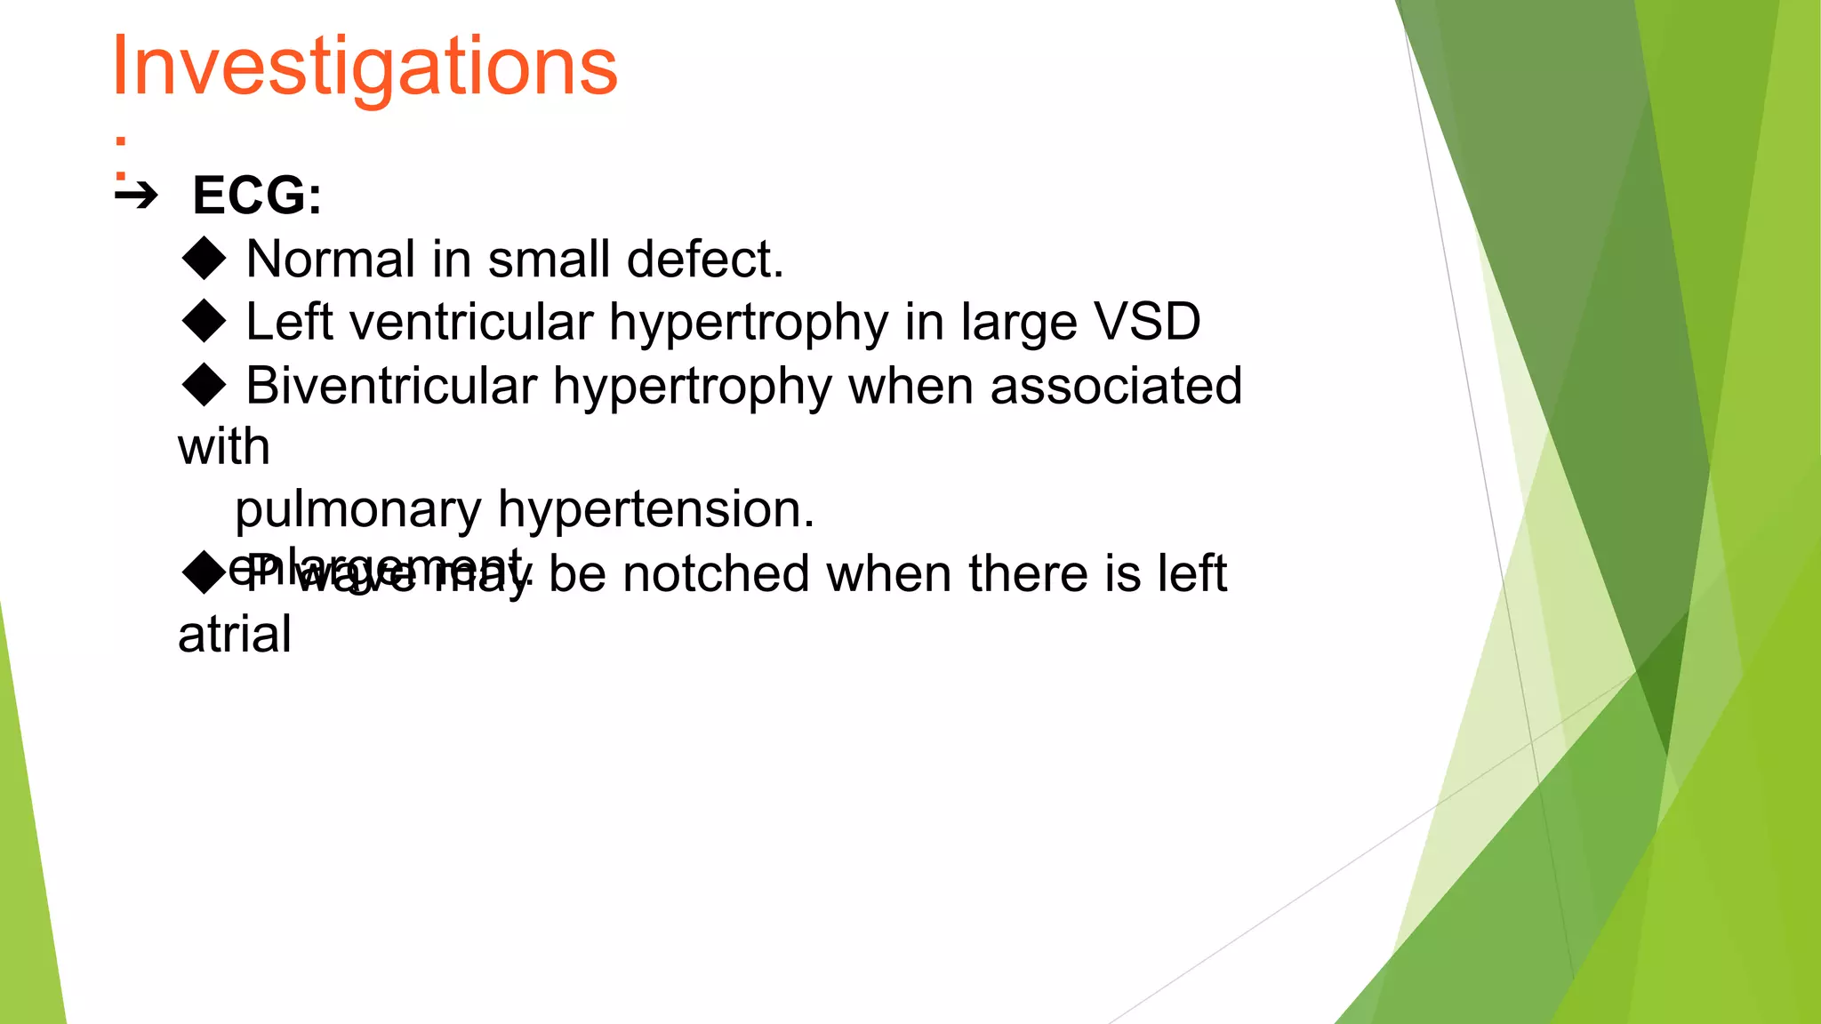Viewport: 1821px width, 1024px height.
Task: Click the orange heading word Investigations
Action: coord(364,68)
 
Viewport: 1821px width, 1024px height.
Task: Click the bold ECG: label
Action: coord(256,196)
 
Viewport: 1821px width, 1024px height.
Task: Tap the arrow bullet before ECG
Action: coord(136,195)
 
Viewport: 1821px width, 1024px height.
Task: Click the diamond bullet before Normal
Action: coord(205,258)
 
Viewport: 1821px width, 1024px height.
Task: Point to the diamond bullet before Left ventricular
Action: coord(205,321)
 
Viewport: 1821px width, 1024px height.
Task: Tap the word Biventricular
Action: coord(391,386)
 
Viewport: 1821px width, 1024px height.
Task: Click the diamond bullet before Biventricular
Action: coord(205,385)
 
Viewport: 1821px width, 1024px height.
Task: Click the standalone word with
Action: coord(223,446)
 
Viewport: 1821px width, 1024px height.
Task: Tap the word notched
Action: coord(716,573)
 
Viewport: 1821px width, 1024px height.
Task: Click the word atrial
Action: coord(234,635)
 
